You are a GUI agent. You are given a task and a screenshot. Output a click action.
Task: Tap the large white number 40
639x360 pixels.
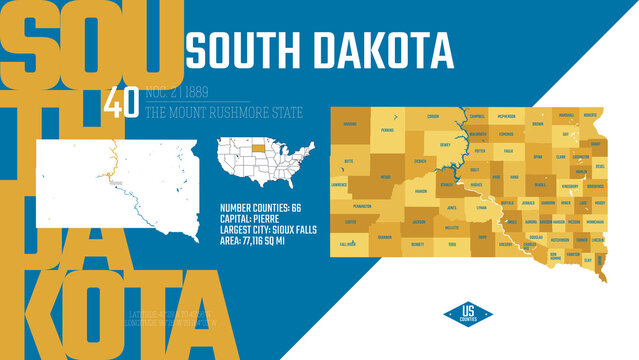pyautogui.click(x=120, y=105)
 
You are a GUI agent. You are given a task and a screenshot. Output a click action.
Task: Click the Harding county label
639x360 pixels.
pyautogui.click(x=349, y=125)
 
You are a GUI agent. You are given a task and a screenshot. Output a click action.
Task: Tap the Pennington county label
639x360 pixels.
pyautogui.click(x=363, y=206)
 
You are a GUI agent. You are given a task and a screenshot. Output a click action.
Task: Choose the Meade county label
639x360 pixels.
pyautogui.click(x=386, y=177)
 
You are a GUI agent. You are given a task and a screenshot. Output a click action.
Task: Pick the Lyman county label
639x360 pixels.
pyautogui.click(x=482, y=208)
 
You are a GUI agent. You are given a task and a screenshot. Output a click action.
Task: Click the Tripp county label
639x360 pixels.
pyautogui.click(x=482, y=238)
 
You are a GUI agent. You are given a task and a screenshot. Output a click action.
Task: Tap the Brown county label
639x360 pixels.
pyautogui.click(x=538, y=125)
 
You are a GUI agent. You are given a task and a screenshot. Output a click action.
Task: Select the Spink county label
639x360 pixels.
pyautogui.click(x=538, y=157)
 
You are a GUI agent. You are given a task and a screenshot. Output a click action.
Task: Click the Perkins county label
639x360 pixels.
pyautogui.click(x=387, y=131)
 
